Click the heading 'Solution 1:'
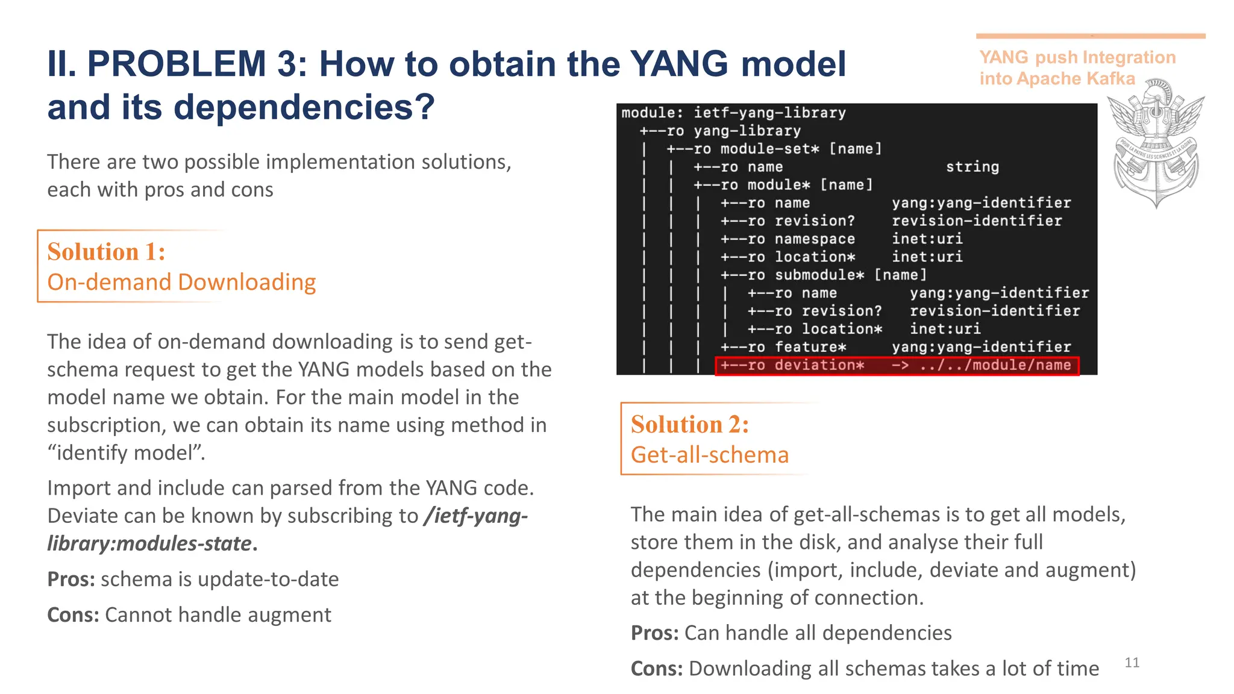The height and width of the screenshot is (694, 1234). coord(106,252)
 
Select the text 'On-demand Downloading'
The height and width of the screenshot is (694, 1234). coord(181,282)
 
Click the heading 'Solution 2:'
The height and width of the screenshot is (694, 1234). coord(690,425)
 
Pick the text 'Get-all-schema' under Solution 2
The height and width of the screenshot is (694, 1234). coord(709,455)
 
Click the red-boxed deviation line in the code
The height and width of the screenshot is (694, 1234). coord(896,366)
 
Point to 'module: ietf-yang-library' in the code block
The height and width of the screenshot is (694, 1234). coord(733,113)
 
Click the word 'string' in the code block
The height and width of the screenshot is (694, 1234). coord(972,167)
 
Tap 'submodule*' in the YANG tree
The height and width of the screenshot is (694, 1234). coord(819,275)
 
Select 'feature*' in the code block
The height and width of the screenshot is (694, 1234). coord(810,348)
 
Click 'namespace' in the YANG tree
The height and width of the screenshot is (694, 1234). coord(814,239)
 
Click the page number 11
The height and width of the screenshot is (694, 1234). coord(1132,663)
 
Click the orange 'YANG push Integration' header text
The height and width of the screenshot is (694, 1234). coord(1077,57)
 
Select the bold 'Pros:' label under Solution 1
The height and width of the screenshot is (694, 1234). coord(71,579)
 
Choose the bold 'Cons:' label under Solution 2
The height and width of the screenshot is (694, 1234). coord(656,669)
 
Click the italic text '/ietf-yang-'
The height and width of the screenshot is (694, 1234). coord(475,516)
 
